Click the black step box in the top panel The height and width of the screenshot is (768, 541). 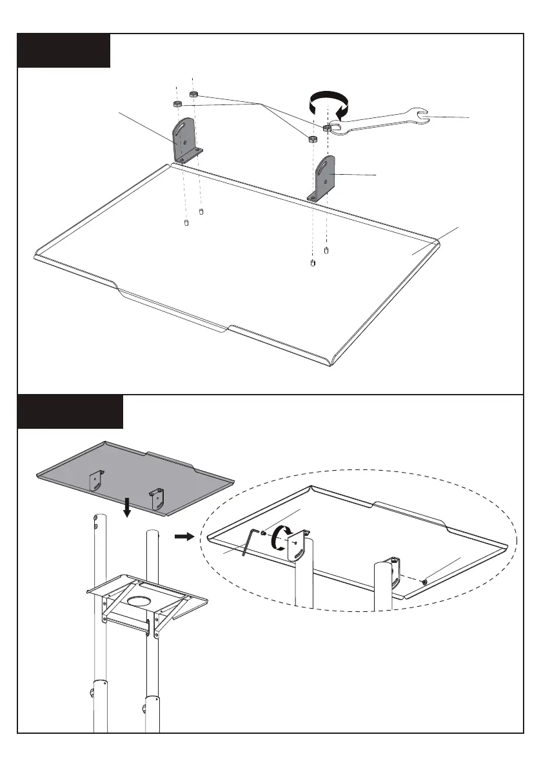pyautogui.click(x=64, y=50)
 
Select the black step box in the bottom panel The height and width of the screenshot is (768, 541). pyautogui.click(x=70, y=411)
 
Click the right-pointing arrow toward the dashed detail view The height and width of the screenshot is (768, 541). pyautogui.click(x=184, y=537)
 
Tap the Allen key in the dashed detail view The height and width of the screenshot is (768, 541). pyautogui.click(x=248, y=542)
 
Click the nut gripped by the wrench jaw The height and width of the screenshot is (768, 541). pyautogui.click(x=327, y=128)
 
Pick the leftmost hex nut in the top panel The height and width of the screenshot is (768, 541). pyautogui.click(x=177, y=104)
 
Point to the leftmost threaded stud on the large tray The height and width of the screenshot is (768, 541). pyautogui.click(x=186, y=223)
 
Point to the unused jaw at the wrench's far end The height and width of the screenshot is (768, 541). pyautogui.click(x=422, y=115)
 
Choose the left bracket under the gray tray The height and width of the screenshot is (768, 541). pyautogui.click(x=95, y=480)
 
